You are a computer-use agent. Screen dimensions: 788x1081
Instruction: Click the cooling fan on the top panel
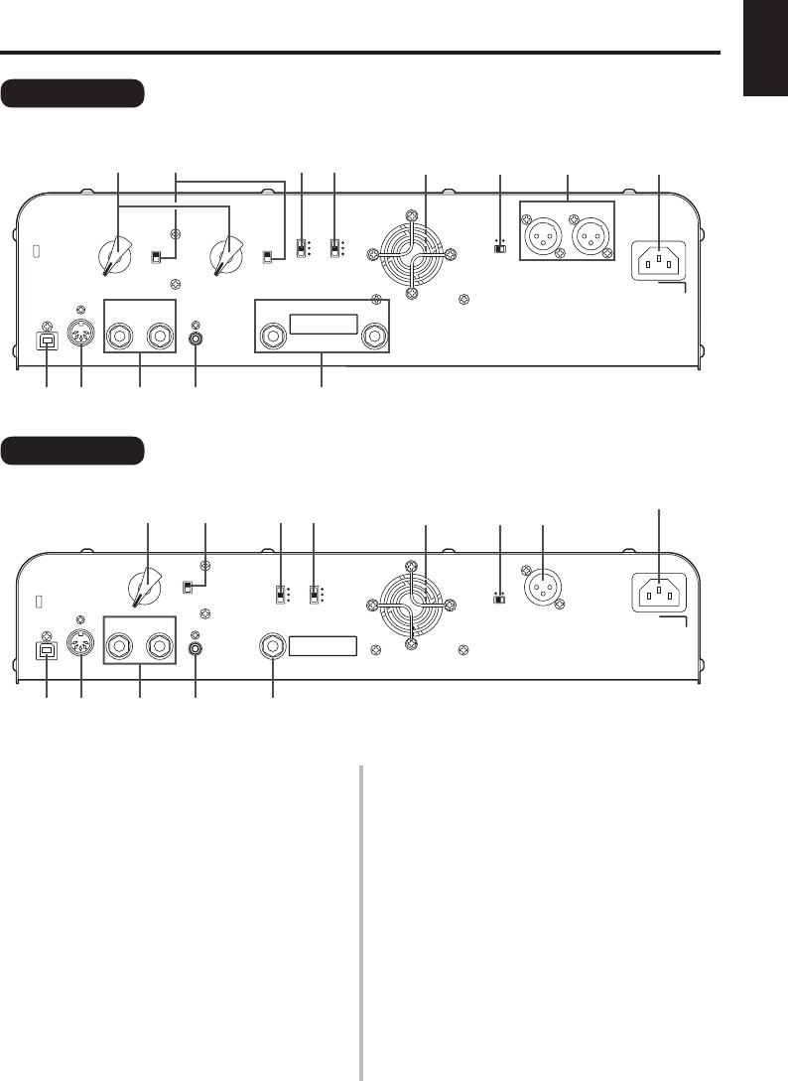pyautogui.click(x=412, y=254)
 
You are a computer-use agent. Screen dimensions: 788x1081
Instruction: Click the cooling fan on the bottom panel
pyautogui.click(x=412, y=602)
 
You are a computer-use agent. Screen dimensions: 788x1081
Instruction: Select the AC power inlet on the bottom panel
pyautogui.click(x=659, y=594)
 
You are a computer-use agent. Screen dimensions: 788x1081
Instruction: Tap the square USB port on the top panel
pyautogui.click(x=47, y=338)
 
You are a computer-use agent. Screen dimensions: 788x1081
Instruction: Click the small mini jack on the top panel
pyautogui.click(x=196, y=338)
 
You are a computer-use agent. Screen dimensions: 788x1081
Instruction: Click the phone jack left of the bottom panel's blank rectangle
pyautogui.click(x=273, y=648)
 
